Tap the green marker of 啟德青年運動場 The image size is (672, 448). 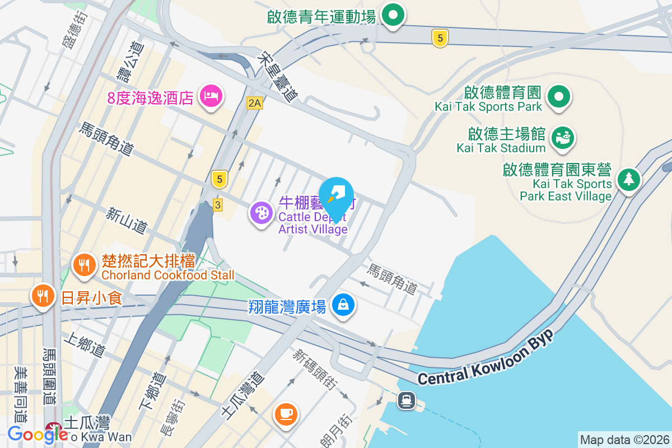coord(393,15)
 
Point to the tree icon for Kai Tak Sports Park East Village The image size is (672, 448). coord(629,179)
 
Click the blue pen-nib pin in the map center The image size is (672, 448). coord(337,196)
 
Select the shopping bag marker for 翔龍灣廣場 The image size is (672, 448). coord(343,305)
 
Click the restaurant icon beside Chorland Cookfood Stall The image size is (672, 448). coord(85,264)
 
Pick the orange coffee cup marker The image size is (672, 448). coord(286,413)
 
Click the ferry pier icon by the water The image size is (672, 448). coord(405,400)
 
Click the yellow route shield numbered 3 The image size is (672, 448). coord(218,205)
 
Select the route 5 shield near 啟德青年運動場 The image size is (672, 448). coord(440,38)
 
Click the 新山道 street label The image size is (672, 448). coord(127,220)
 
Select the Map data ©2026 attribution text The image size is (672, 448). coord(624,440)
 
